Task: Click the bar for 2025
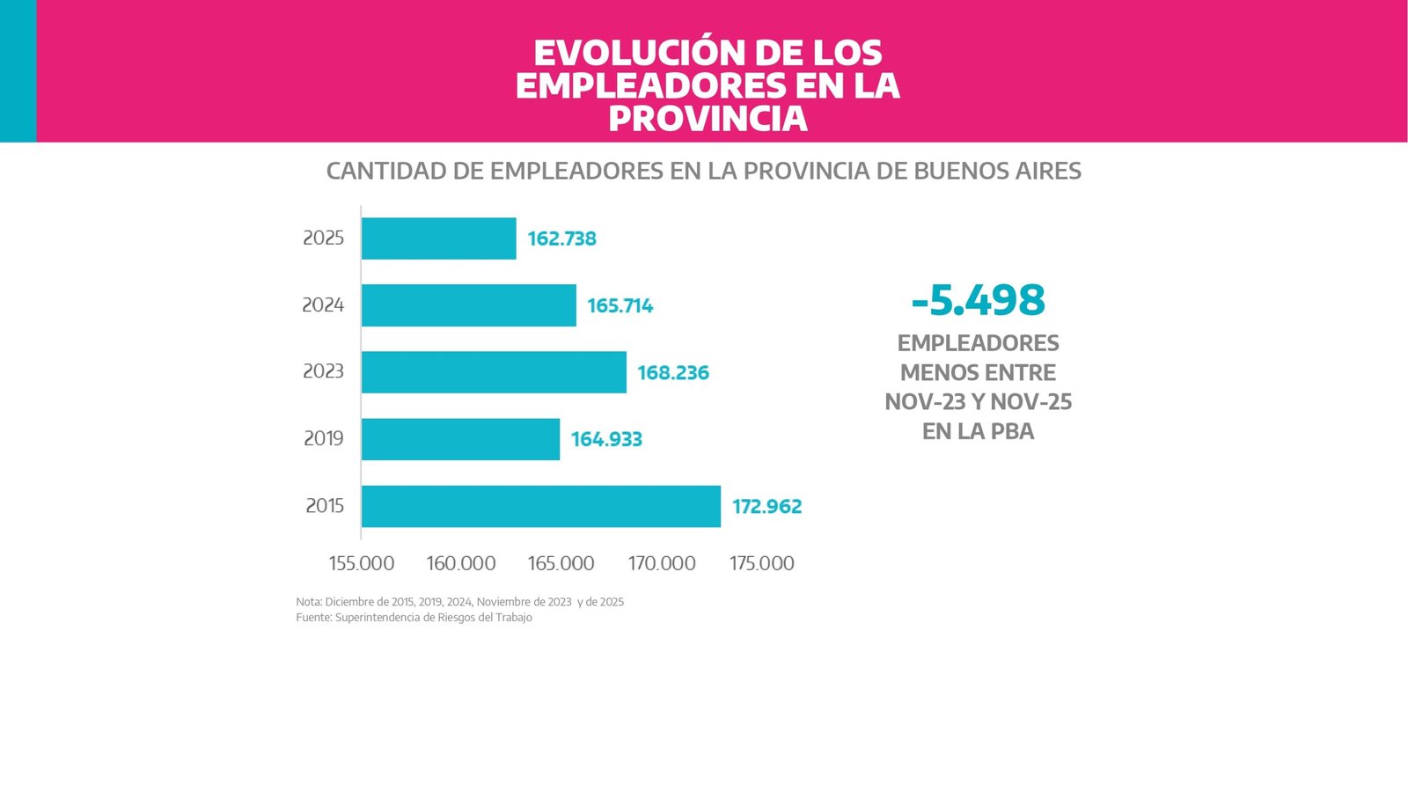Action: pos(438,238)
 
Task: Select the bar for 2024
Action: pos(468,305)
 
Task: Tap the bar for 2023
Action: pos(494,372)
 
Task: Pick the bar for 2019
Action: pos(460,439)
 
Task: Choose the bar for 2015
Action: pos(540,506)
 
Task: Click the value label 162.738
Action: pos(561,238)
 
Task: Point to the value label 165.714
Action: pos(620,305)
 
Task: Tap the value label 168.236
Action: pos(672,372)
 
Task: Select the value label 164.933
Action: pos(606,439)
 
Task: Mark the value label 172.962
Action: pos(766,506)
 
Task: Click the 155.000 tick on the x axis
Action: pos(362,563)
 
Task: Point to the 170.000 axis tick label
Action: pos(662,563)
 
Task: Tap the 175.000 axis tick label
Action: pos(761,563)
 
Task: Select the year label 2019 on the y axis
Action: pos(323,438)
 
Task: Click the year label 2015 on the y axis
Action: pos(324,505)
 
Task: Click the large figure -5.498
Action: pos(978,300)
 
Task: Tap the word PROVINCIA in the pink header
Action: pos(708,119)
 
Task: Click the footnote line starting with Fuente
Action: pos(414,618)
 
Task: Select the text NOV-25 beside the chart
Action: pos(1030,402)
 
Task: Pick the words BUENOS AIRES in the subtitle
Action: pos(997,171)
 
